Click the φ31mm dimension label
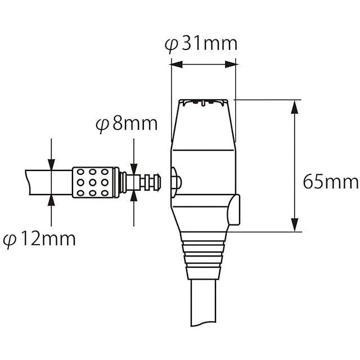pyautogui.click(x=201, y=44)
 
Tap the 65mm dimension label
pyautogui.click(x=331, y=182)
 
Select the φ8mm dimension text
pyautogui.click(x=127, y=124)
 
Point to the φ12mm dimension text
pyautogui.click(x=39, y=240)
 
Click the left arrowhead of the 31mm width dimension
pyautogui.click(x=176, y=65)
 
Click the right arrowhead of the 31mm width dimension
pyautogui.click(x=231, y=65)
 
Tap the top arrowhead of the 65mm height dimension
pyautogui.click(x=294, y=106)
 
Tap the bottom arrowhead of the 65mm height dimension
pyautogui.click(x=294, y=225)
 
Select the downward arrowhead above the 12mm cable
pyautogui.click(x=51, y=164)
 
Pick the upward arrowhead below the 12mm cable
pyautogui.click(x=51, y=201)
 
